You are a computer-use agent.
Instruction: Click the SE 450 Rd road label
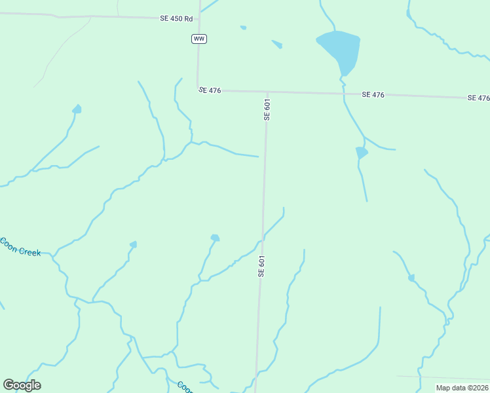(x=176, y=18)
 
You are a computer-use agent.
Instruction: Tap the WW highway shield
(x=199, y=39)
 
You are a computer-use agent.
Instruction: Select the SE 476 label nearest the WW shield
(x=210, y=90)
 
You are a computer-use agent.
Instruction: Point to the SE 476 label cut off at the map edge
(x=479, y=98)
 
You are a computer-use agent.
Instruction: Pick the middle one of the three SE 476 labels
(x=373, y=95)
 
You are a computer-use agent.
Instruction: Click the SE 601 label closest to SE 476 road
(x=267, y=109)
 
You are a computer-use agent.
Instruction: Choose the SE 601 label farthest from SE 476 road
(x=261, y=267)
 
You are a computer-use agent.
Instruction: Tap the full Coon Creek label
(x=20, y=248)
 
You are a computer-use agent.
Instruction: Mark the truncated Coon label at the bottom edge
(x=185, y=387)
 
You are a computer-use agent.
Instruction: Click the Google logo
(x=22, y=385)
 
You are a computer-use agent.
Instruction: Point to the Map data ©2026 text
(x=462, y=388)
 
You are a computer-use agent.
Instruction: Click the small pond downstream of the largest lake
(x=361, y=153)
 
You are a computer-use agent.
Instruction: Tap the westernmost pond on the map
(x=77, y=109)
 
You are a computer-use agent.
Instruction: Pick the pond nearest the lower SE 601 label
(x=215, y=238)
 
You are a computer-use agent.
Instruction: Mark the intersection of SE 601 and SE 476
(x=267, y=92)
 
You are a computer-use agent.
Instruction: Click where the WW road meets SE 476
(x=198, y=90)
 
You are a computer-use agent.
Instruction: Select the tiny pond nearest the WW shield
(x=244, y=28)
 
